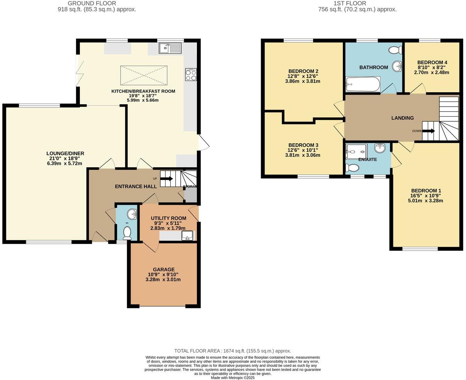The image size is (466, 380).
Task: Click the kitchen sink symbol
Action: click(170, 48)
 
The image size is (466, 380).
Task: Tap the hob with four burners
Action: click(191, 75)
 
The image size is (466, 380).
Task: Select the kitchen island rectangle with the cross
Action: click(144, 75)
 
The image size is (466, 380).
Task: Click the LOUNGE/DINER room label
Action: click(65, 153)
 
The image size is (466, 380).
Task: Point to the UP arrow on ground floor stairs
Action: click(166, 179)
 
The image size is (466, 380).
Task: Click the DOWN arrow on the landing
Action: click(428, 131)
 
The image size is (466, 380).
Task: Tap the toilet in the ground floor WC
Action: click(127, 233)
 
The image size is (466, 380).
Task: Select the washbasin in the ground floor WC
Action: click(132, 213)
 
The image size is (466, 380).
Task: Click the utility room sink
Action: click(188, 235)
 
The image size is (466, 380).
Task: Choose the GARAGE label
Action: click(164, 270)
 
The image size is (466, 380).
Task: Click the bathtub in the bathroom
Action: click(363, 83)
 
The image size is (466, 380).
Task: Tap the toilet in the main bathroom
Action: click(395, 50)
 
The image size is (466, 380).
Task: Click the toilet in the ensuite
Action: click(352, 168)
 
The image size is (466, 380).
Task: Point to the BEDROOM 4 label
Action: click(432, 63)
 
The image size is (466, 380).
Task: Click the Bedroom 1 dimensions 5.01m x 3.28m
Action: click(426, 200)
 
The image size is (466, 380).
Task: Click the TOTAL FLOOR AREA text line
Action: click(232, 351)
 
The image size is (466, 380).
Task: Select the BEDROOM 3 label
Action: click(303, 145)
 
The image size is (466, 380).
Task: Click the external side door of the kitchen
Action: click(202, 142)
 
